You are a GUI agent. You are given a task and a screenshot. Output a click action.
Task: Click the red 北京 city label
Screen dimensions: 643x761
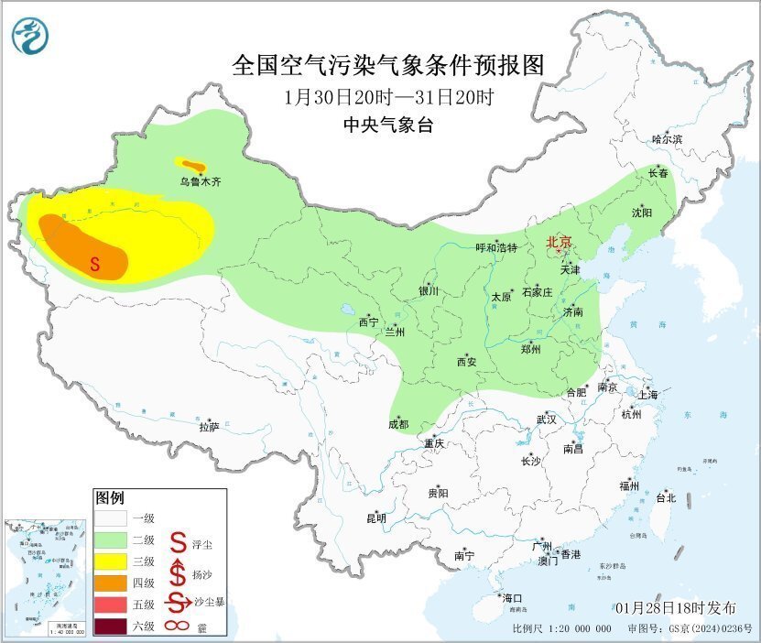click(558, 242)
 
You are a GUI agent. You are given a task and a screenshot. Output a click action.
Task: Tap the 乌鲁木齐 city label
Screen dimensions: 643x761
click(200, 182)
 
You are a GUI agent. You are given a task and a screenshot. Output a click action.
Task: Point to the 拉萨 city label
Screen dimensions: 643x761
click(209, 427)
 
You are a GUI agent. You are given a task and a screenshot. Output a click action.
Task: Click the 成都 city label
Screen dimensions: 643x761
click(398, 424)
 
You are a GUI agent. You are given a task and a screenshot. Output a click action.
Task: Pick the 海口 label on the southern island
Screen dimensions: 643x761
click(512, 597)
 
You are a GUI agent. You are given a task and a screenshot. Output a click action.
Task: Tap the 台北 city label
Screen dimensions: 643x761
click(666, 498)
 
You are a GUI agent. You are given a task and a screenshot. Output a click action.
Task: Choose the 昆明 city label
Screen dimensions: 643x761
click(376, 518)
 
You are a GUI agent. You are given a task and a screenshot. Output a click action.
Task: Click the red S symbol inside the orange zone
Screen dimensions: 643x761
click(94, 264)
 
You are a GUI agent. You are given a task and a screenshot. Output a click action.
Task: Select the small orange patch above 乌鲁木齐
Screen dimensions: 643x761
click(190, 165)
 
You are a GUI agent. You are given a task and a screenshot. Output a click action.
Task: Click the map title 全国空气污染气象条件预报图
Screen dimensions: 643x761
click(388, 65)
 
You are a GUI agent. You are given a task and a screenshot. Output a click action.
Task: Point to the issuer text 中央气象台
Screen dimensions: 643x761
click(388, 125)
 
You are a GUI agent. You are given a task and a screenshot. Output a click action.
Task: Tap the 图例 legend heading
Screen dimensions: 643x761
click(109, 498)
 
